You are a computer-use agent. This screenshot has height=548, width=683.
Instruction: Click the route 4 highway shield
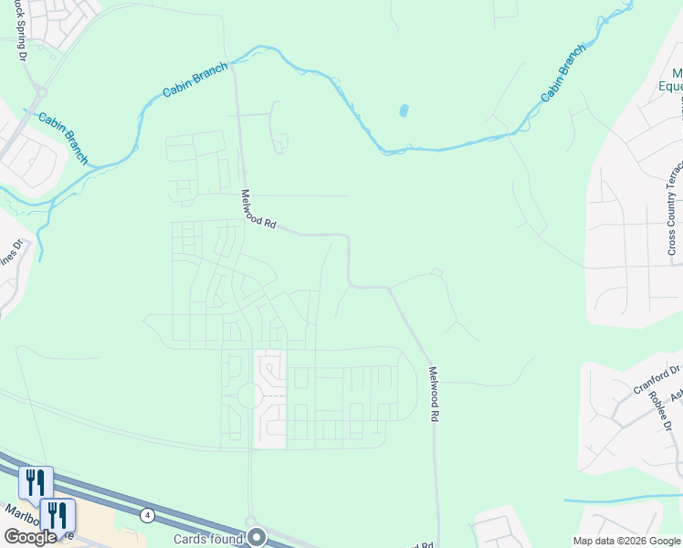(147, 515)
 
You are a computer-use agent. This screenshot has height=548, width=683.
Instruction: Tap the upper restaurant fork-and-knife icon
(36, 481)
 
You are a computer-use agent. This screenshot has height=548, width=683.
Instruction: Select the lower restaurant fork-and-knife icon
(58, 513)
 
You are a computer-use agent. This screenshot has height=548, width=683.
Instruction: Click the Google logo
(30, 537)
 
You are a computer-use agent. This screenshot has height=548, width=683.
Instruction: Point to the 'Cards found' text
(209, 539)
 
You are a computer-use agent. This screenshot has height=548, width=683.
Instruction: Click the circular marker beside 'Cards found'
(257, 536)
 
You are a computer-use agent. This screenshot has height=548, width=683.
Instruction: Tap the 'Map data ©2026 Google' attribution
(626, 541)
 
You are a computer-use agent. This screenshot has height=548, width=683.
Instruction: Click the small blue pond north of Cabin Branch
(403, 111)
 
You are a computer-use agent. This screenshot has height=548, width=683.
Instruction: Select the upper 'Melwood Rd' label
(257, 208)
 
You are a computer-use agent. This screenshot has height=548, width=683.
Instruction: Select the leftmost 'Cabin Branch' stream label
(63, 137)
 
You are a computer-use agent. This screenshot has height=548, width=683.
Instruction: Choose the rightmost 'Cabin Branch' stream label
(562, 73)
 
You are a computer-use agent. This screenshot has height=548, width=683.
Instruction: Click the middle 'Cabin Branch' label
(194, 80)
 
